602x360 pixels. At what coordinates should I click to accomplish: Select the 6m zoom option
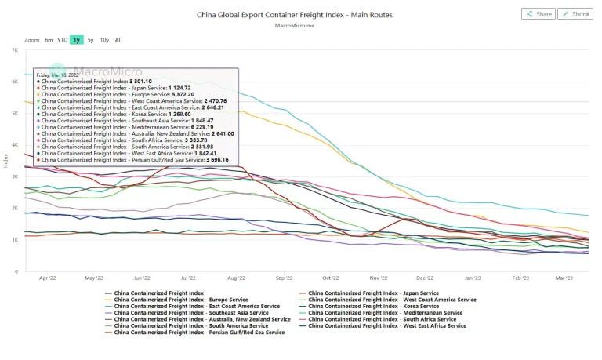pyautogui.click(x=49, y=39)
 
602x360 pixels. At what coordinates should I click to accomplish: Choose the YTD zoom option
pyautogui.click(x=62, y=39)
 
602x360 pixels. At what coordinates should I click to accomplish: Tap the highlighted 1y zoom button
pyautogui.click(x=76, y=39)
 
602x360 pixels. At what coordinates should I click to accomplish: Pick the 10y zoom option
pyautogui.click(x=104, y=39)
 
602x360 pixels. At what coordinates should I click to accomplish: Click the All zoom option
pyautogui.click(x=118, y=39)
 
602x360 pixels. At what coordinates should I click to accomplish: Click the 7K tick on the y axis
pyautogui.click(x=15, y=50)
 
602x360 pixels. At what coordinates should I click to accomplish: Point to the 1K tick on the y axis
pyautogui.click(x=15, y=240)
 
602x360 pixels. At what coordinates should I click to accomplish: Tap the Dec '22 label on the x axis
pyautogui.click(x=425, y=278)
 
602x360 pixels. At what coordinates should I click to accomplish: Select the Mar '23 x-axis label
pyautogui.click(x=564, y=278)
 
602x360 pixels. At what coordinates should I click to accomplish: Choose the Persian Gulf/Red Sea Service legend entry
pyautogui.click(x=199, y=333)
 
